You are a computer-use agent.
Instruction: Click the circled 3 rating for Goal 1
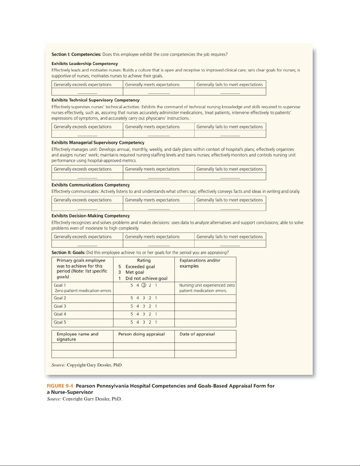click(x=144, y=285)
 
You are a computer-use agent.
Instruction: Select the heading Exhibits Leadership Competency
click(x=85, y=64)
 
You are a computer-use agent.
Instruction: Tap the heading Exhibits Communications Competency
click(x=91, y=185)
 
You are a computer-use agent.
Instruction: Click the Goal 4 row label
click(x=60, y=314)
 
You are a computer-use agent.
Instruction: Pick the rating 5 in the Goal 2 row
click(x=132, y=298)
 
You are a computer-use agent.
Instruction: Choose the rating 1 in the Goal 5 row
click(x=156, y=322)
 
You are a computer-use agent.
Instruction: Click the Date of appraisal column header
click(x=197, y=334)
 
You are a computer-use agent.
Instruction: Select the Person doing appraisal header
click(x=141, y=334)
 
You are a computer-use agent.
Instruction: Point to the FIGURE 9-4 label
click(x=60, y=386)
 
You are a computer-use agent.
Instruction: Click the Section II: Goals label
click(x=68, y=253)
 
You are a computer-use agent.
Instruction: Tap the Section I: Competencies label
click(x=76, y=54)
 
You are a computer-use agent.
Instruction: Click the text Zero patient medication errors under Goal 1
click(x=83, y=290)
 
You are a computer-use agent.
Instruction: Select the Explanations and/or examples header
click(x=200, y=263)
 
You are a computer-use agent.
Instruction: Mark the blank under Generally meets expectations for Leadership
click(x=159, y=92)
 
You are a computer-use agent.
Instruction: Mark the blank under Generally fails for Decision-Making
click(x=230, y=244)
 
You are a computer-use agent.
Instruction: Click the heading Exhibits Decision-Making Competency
click(x=91, y=216)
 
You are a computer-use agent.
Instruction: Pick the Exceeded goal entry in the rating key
click(x=140, y=267)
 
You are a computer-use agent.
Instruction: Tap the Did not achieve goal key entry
click(x=146, y=278)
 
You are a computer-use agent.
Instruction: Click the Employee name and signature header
click(x=77, y=337)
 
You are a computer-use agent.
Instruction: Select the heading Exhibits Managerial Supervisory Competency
click(x=98, y=143)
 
